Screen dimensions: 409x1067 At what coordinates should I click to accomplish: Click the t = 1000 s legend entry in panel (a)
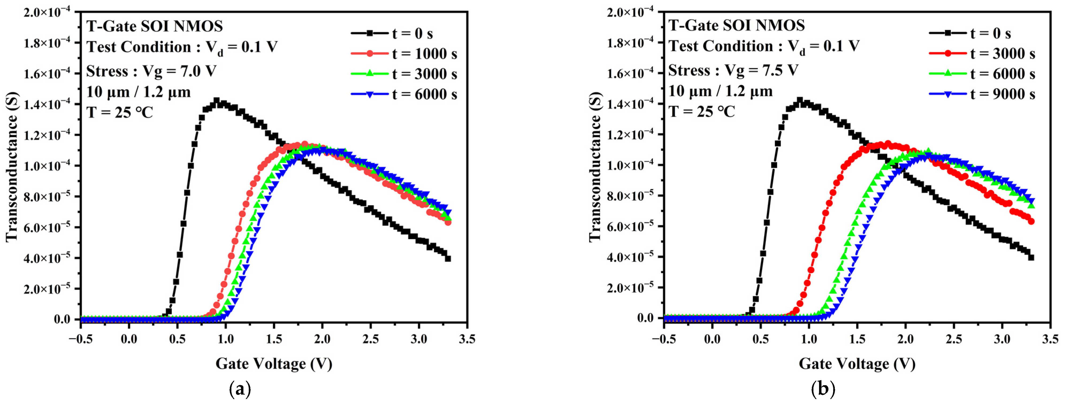(x=424, y=54)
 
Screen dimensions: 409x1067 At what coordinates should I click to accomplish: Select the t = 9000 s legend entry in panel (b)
(x=1002, y=94)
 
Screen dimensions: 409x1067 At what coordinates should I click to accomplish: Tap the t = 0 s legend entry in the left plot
(x=412, y=33)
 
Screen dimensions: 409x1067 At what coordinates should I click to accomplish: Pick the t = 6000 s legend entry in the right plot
(x=1002, y=74)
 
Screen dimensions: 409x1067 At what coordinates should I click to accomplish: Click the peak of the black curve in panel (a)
(x=216, y=101)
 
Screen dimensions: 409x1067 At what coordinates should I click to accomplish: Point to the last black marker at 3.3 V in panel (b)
(x=1031, y=257)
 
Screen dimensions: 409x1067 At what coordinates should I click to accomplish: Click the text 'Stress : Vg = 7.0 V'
(x=151, y=72)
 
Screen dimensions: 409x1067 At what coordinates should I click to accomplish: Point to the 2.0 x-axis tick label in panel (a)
(x=322, y=339)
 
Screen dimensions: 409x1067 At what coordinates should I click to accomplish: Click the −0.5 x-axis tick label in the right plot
(x=664, y=339)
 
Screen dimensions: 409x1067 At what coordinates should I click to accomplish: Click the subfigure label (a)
(x=240, y=389)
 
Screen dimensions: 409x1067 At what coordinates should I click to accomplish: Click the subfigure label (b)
(x=823, y=389)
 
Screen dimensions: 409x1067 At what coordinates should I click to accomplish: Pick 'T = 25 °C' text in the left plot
(x=120, y=112)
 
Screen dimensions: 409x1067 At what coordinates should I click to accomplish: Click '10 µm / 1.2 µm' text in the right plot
(x=721, y=91)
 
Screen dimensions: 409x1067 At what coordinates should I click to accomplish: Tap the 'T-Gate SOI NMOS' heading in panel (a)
(x=155, y=26)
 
